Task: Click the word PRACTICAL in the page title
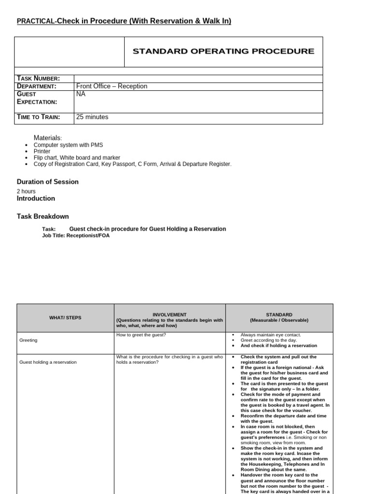point(36,21)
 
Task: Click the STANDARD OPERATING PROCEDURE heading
point(223,51)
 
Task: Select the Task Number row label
point(38,79)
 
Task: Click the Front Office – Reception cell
point(112,86)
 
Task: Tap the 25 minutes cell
point(92,117)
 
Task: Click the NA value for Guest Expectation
point(81,94)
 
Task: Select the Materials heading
point(48,138)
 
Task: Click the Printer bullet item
point(42,151)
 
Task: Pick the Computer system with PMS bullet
point(68,145)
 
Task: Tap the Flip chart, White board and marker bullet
point(77,158)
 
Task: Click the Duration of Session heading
point(47,182)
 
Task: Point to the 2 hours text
point(26,191)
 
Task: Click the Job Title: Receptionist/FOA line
point(72,236)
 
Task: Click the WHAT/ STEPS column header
point(66,317)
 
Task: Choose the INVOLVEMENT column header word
point(169,315)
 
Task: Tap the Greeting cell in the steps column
point(28,340)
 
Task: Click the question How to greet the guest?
point(141,335)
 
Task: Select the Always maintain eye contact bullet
point(271,335)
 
